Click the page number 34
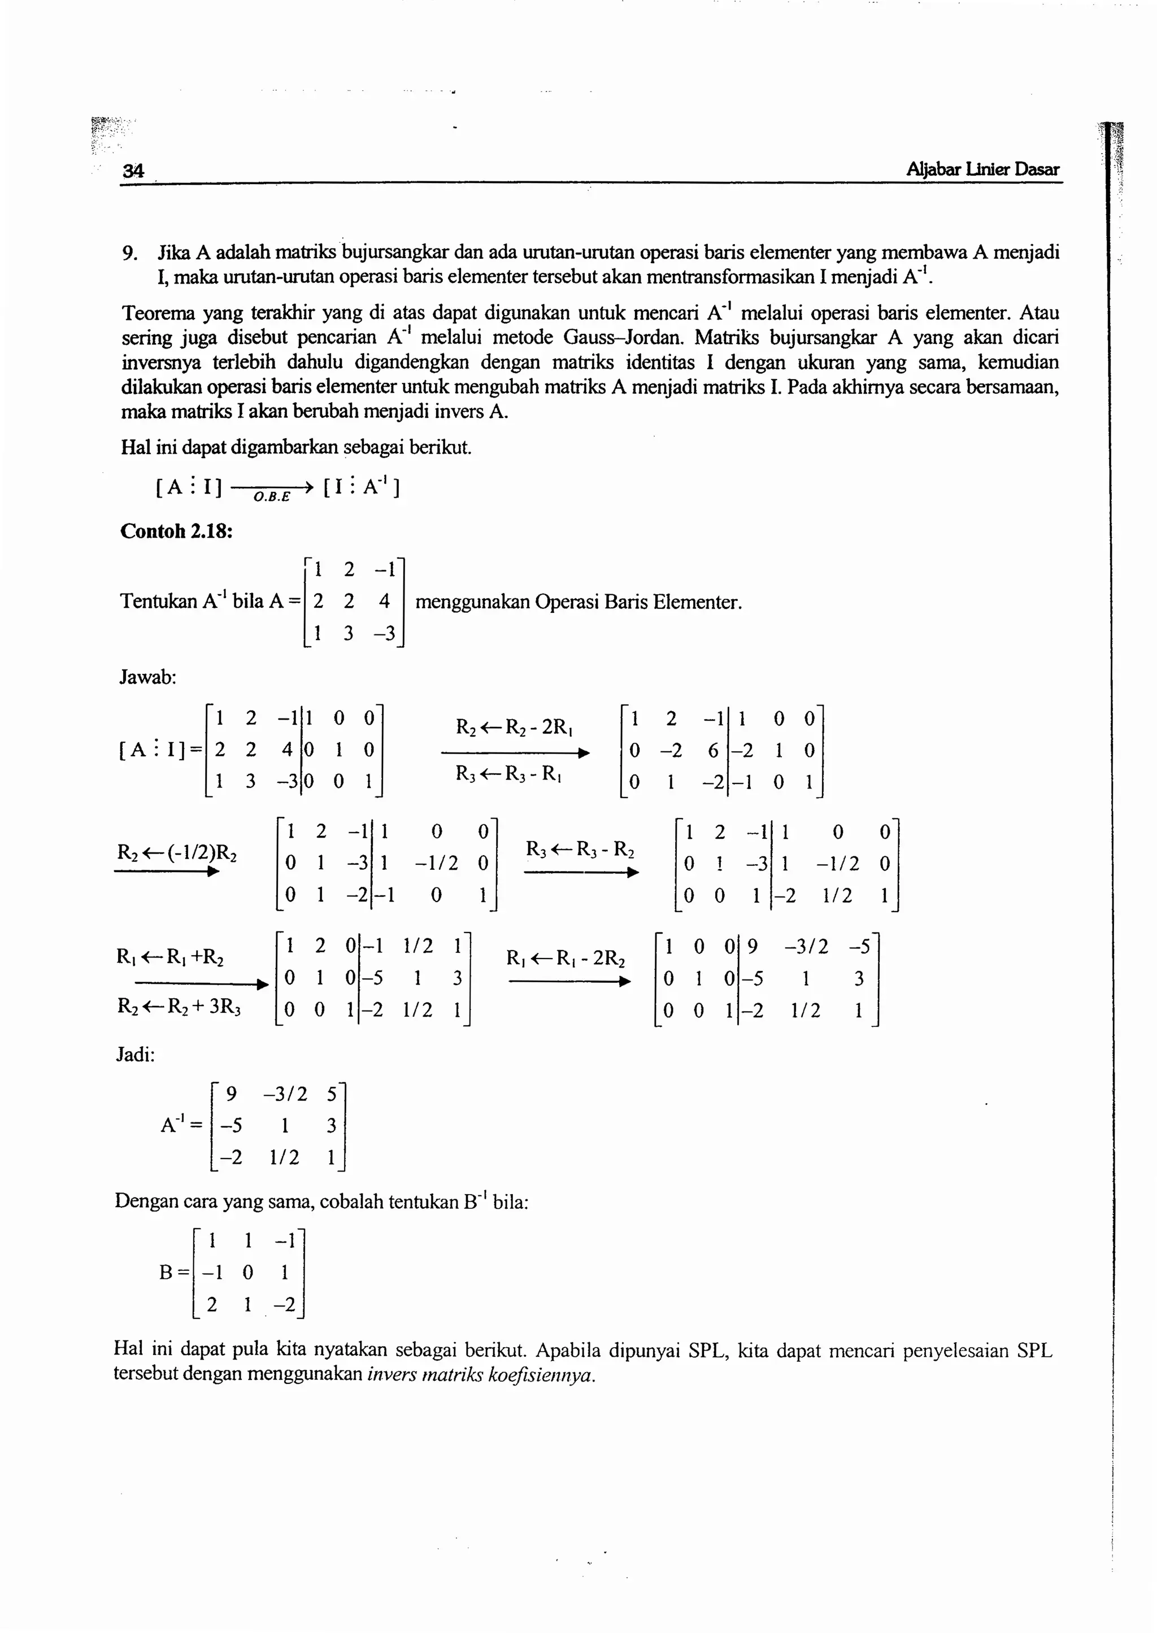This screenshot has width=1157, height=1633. tap(133, 170)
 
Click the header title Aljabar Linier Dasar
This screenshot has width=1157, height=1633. tap(982, 169)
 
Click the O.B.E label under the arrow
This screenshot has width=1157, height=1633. tap(271, 497)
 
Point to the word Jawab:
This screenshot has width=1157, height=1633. tap(147, 677)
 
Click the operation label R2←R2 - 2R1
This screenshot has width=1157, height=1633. tap(516, 728)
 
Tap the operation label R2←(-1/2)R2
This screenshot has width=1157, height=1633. tap(177, 852)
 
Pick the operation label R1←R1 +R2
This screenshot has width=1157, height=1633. tap(170, 956)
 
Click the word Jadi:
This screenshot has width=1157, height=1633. tap(136, 1055)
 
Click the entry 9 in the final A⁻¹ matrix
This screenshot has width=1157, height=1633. tap(230, 1093)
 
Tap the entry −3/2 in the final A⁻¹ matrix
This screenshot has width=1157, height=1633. tap(285, 1093)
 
